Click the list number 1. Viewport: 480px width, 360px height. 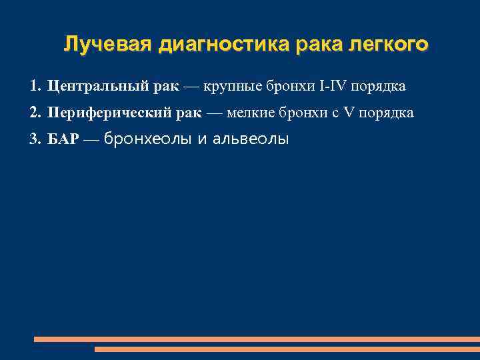(35, 87)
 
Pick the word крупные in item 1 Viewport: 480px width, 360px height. (231, 87)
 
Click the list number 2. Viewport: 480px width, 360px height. (35, 113)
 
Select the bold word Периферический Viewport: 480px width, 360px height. (110, 113)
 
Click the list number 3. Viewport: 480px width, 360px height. (35, 139)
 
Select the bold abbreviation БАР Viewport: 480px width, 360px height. (63, 139)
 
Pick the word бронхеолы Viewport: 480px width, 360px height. (147, 139)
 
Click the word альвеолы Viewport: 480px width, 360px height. (249, 139)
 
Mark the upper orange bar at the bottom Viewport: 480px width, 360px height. (257, 339)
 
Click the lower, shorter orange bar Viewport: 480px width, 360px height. (287, 349)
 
